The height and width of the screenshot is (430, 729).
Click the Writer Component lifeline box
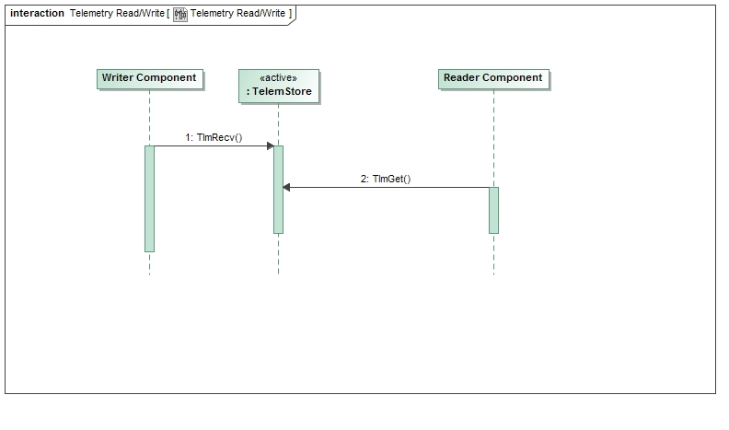click(149, 78)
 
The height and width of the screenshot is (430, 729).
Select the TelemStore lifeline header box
click(278, 86)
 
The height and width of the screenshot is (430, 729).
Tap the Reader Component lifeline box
click(493, 78)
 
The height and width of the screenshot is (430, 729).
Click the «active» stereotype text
click(279, 78)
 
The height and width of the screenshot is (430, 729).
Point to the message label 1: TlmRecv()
click(213, 137)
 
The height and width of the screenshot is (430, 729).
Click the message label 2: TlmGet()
click(385, 179)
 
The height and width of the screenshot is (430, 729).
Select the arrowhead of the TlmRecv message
click(270, 145)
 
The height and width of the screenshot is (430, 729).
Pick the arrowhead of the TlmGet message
click(287, 187)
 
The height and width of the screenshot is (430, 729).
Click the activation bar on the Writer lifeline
click(149, 198)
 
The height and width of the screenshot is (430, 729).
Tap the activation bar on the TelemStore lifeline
click(278, 189)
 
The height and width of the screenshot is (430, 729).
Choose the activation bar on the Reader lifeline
click(493, 210)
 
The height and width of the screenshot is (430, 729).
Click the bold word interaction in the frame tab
click(37, 14)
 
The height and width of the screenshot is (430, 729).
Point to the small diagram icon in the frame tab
click(180, 14)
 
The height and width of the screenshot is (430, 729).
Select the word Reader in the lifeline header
click(461, 78)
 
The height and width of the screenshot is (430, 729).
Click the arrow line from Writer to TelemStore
click(212, 145)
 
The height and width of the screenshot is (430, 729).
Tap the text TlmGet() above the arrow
click(391, 179)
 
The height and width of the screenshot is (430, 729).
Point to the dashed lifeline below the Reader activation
click(493, 254)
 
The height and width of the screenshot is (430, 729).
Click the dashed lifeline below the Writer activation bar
click(149, 263)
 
